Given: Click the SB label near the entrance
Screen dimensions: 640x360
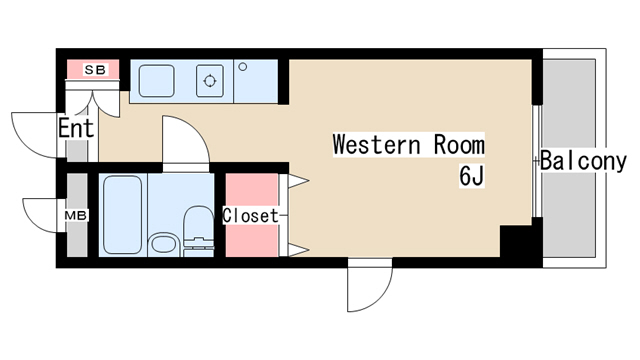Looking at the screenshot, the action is click(94, 70).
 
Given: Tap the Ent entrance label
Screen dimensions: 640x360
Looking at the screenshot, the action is click(76, 129).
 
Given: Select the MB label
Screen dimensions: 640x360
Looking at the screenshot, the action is click(75, 215).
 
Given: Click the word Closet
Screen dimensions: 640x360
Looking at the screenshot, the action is click(250, 215).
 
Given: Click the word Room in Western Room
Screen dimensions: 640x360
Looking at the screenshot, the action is click(458, 144).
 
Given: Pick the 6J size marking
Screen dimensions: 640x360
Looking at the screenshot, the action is click(471, 177).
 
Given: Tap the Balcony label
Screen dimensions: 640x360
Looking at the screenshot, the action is click(584, 161).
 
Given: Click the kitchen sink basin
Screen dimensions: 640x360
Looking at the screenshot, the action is click(157, 79).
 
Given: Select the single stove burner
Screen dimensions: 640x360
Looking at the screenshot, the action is click(211, 79).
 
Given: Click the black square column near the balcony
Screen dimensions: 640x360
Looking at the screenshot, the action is click(517, 243).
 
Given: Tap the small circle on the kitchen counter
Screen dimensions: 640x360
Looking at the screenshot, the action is click(242, 67).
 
